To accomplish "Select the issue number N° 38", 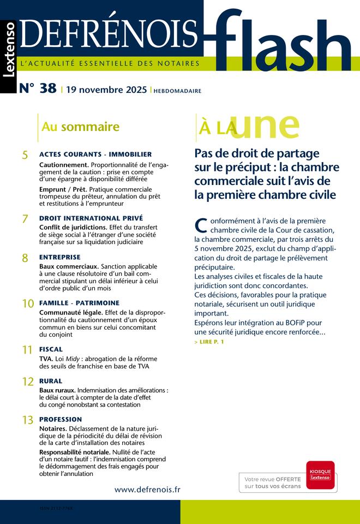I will [x=38, y=88].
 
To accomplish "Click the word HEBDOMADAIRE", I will [x=177, y=91].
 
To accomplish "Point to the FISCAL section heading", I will [x=51, y=349].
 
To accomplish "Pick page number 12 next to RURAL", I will [x=28, y=382].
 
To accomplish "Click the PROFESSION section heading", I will [x=61, y=419].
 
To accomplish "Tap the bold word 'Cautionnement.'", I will [x=64, y=164].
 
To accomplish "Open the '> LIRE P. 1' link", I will [x=208, y=342].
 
